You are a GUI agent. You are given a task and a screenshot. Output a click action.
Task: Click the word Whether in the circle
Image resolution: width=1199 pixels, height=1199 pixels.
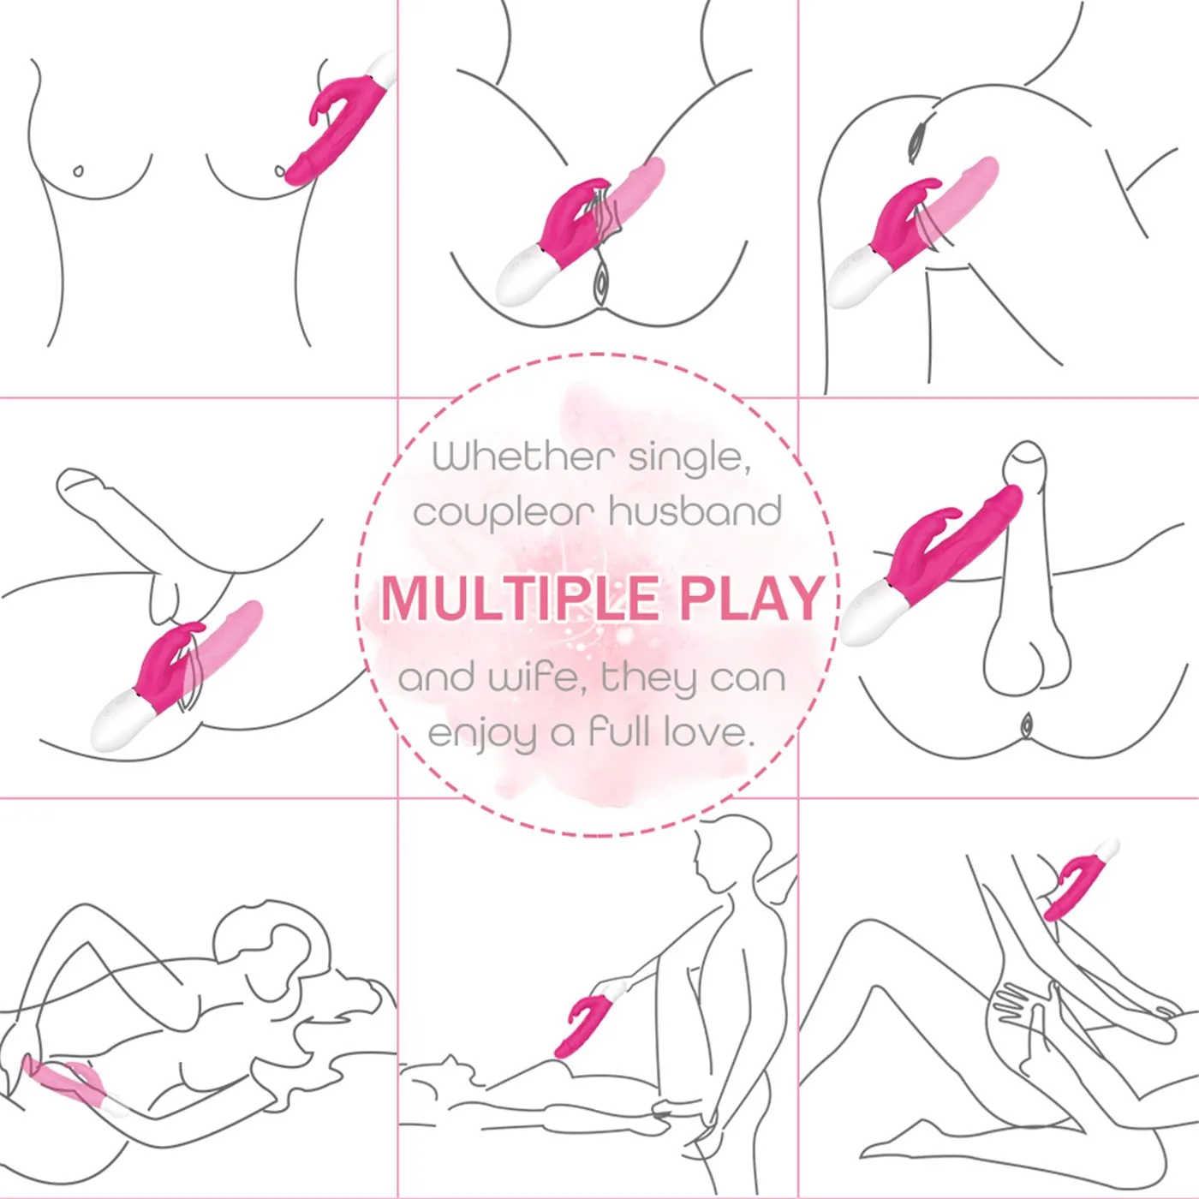(524, 456)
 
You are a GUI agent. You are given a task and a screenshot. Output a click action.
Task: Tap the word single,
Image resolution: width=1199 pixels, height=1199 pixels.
(689, 459)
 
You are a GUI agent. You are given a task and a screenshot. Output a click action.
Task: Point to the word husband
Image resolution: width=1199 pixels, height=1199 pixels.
(695, 511)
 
